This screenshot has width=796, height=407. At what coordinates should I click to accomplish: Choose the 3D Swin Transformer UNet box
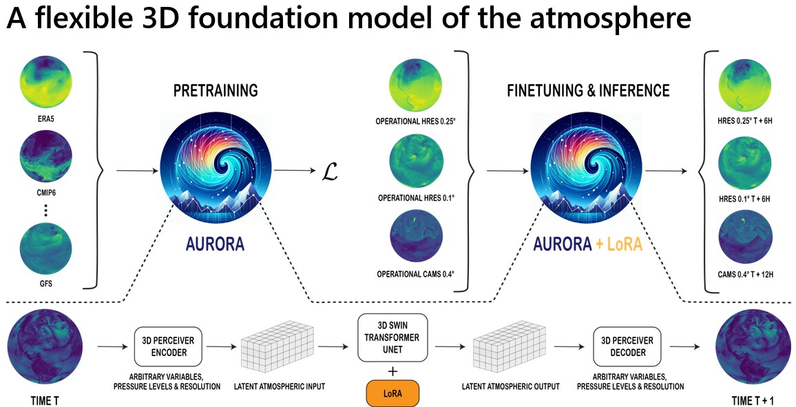pyautogui.click(x=392, y=337)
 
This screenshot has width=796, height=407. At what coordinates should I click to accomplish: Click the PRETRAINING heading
pyautogui.click(x=216, y=91)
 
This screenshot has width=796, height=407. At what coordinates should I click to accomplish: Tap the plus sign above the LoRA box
pyautogui.click(x=392, y=373)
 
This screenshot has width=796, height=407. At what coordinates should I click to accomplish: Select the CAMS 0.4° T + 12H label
pyautogui.click(x=744, y=274)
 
